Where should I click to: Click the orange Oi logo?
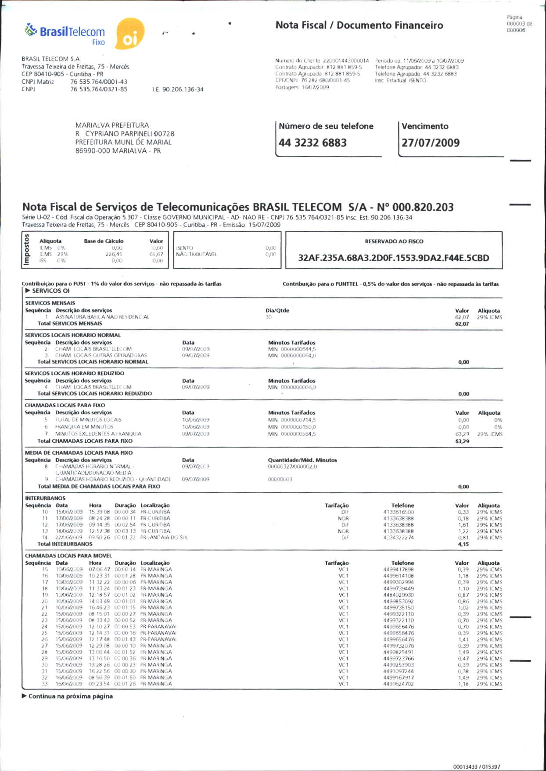tap(129, 34)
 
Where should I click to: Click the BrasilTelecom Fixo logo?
tap(66, 34)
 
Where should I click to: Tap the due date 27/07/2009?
tap(430, 143)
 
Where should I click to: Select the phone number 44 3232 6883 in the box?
tap(313, 143)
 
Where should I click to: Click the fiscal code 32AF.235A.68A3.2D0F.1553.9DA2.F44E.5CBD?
tap(393, 258)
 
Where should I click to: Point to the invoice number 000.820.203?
tap(423, 207)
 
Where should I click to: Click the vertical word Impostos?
tap(27, 250)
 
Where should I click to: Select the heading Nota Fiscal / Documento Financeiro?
tap(359, 25)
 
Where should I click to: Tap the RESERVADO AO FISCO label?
tap(394, 241)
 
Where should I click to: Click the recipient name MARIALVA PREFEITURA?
tap(112, 125)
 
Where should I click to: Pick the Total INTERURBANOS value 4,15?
tap(463, 544)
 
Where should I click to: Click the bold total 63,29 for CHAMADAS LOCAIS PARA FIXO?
tap(462, 441)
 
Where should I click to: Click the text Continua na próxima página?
tap(70, 696)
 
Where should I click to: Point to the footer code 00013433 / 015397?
tap(476, 767)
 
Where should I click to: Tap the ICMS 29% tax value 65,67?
tap(156, 254)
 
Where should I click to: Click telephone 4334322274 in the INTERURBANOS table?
tap(398, 538)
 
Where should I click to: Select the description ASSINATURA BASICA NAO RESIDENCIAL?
tap(102, 317)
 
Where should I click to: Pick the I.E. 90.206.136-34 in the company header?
tap(178, 90)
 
